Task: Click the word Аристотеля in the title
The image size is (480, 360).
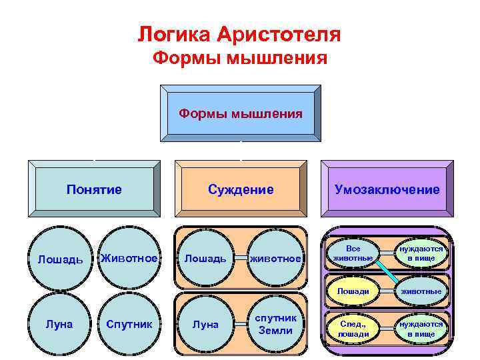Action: pyautogui.click(x=280, y=33)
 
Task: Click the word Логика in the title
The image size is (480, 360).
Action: pyautogui.click(x=175, y=33)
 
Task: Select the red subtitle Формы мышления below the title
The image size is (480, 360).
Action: pyautogui.click(x=240, y=59)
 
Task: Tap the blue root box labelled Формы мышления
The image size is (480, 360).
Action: pyautogui.click(x=240, y=113)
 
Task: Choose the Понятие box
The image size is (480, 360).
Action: pyautogui.click(x=94, y=190)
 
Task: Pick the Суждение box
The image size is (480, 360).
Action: pyautogui.click(x=241, y=190)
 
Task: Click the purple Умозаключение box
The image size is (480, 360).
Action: pyautogui.click(x=387, y=190)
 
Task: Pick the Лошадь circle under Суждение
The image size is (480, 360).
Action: pyautogui.click(x=205, y=259)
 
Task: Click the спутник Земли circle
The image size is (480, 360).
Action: pyautogui.click(x=275, y=325)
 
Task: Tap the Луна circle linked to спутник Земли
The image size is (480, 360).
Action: pyautogui.click(x=205, y=325)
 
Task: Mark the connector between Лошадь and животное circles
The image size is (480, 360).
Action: pyautogui.click(x=240, y=259)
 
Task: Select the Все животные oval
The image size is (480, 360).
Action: pyautogui.click(x=353, y=253)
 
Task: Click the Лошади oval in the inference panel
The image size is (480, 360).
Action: pyautogui.click(x=353, y=291)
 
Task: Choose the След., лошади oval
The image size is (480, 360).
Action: pyautogui.click(x=353, y=329)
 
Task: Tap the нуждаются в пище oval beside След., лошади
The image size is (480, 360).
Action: pyautogui.click(x=421, y=329)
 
